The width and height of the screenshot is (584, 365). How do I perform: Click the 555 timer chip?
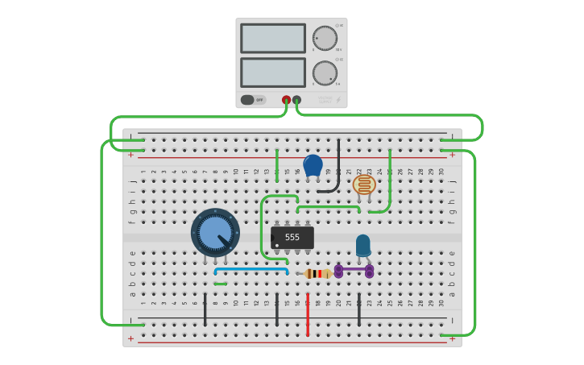pyautogui.click(x=292, y=237)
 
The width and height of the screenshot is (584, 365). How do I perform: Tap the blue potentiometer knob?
pyautogui.click(x=215, y=232)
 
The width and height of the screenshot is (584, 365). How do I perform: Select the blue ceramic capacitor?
pyautogui.click(x=313, y=165)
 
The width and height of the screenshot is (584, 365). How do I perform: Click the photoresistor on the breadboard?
pyautogui.click(x=364, y=185)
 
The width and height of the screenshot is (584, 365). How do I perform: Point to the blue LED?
pyautogui.click(x=363, y=244)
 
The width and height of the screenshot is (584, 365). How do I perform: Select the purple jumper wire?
pyautogui.click(x=354, y=270)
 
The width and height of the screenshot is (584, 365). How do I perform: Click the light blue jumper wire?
pyautogui.click(x=251, y=269)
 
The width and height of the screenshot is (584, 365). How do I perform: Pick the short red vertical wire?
pyautogui.click(x=308, y=314)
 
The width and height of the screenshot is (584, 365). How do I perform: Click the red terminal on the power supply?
pyautogui.click(x=286, y=100)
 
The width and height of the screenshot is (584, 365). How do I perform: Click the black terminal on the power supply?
pyautogui.click(x=296, y=100)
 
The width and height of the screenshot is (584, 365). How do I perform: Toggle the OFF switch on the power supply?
pyautogui.click(x=253, y=100)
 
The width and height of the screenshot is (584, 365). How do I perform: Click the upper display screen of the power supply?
pyautogui.click(x=273, y=39)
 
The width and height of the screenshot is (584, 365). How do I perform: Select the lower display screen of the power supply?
pyautogui.click(x=273, y=73)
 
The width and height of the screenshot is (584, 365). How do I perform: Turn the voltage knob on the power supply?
pyautogui.click(x=325, y=39)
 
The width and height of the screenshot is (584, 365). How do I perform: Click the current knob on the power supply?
pyautogui.click(x=325, y=73)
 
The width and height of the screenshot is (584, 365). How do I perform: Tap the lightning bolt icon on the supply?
pyautogui.click(x=338, y=101)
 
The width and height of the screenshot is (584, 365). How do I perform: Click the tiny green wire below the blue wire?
pyautogui.click(x=220, y=284)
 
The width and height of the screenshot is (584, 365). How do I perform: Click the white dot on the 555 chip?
pyautogui.click(x=277, y=245)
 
